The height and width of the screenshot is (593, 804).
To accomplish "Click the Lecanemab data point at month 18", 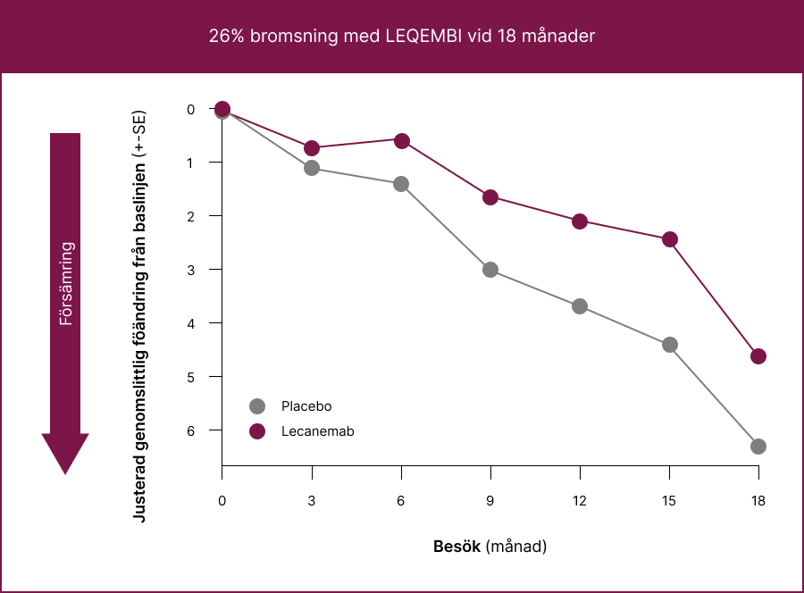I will click(758, 356).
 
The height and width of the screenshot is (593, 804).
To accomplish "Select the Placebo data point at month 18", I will click(758, 447).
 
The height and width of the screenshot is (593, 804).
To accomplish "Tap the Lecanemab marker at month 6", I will click(401, 141).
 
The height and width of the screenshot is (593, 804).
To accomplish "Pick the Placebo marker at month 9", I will click(490, 270).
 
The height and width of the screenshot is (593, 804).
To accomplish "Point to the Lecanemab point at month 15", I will click(669, 239).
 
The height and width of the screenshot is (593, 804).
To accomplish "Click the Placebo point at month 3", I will click(312, 168).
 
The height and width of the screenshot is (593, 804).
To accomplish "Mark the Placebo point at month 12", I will click(580, 306).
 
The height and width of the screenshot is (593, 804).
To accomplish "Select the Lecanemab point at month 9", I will click(490, 197).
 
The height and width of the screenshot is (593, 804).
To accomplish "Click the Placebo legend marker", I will click(258, 406).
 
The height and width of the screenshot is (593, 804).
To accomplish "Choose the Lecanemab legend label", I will click(317, 431).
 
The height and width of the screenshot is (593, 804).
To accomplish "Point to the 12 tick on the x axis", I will click(580, 501).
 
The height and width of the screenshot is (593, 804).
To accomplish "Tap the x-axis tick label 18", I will click(758, 501).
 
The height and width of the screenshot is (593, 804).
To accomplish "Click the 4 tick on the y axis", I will click(190, 322).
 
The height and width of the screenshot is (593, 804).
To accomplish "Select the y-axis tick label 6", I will click(190, 430).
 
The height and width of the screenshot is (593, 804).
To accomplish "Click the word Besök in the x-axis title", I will click(457, 546).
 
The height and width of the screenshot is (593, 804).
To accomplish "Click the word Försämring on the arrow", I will click(65, 283).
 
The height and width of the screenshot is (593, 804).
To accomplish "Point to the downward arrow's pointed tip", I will click(65, 472).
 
